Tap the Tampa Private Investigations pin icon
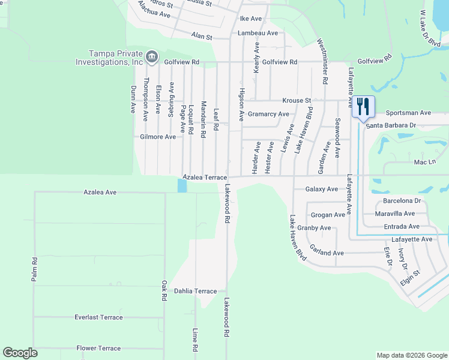point(151,57)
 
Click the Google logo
point(20,353)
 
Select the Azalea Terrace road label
point(206,178)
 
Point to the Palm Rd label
point(35,270)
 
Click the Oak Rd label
point(163,291)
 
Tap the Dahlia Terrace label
point(195,291)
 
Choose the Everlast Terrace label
point(98,317)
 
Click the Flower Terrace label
point(98,348)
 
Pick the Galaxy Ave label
point(322,189)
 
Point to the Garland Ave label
point(327,253)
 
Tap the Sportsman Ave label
point(408,112)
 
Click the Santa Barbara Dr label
point(391,125)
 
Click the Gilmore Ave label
point(158,137)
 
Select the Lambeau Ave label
point(258,33)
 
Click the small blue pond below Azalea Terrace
point(182,186)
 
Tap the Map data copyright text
point(411,355)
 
